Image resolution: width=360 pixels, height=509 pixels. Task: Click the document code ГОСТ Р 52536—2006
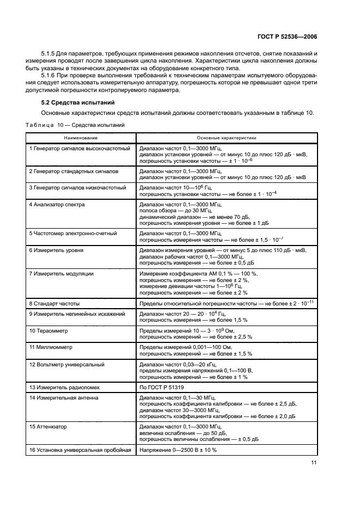click(x=286, y=36)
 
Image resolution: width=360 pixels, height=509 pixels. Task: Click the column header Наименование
click(x=81, y=138)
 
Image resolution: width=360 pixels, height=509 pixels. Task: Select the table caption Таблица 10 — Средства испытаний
click(x=76, y=125)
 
